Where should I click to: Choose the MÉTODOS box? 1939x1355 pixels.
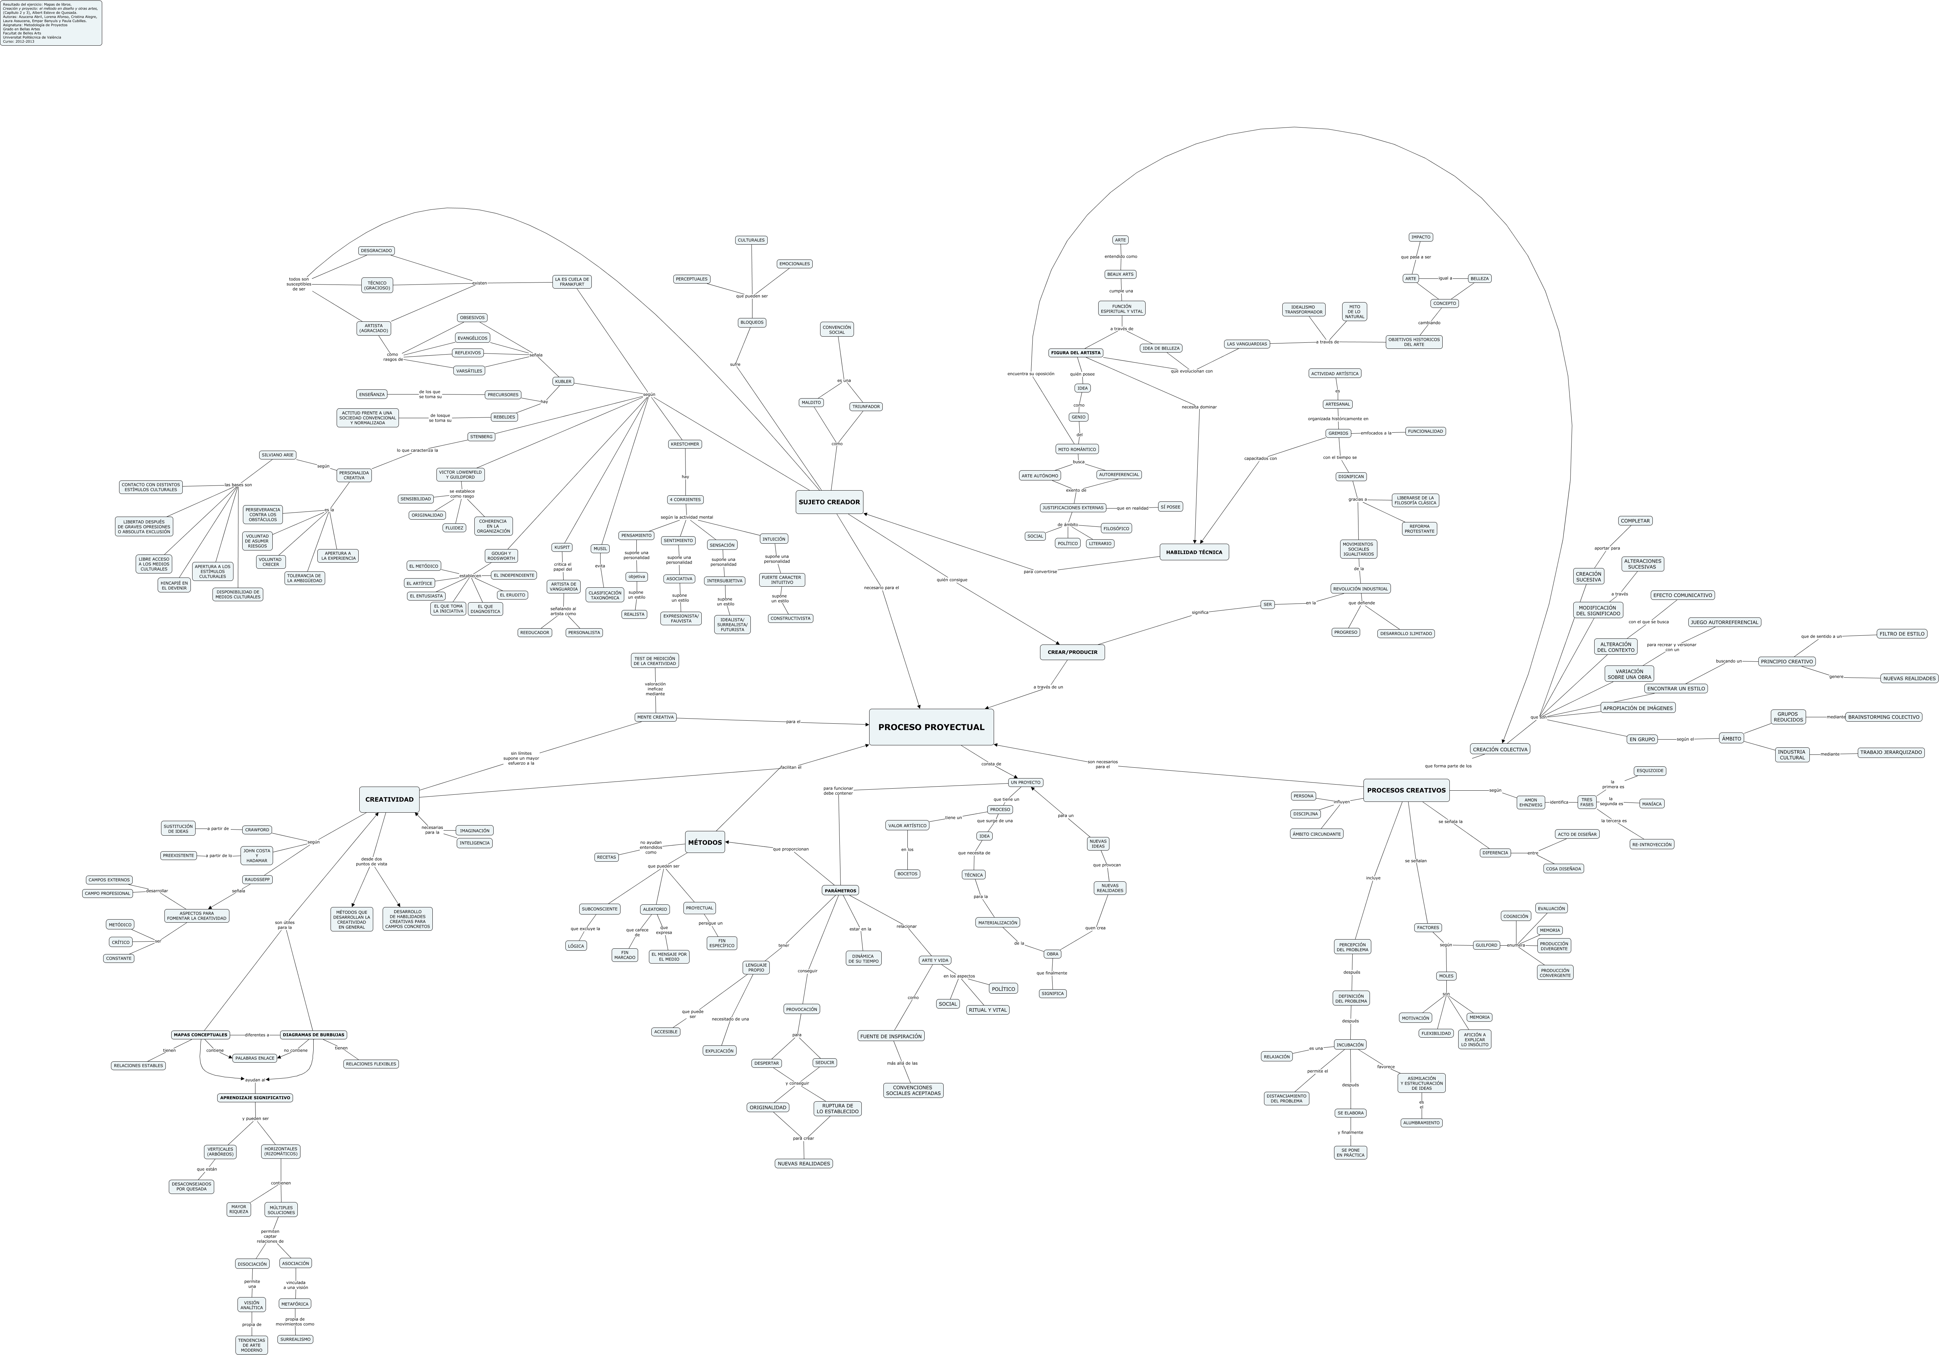[x=704, y=842]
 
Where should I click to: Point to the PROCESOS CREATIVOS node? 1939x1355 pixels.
[x=1406, y=790]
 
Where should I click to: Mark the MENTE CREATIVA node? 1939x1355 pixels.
[x=655, y=718]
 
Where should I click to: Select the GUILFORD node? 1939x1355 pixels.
[x=1486, y=946]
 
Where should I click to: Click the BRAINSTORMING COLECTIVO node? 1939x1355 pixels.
[x=1883, y=717]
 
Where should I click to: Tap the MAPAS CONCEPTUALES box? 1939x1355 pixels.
[x=200, y=1035]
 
